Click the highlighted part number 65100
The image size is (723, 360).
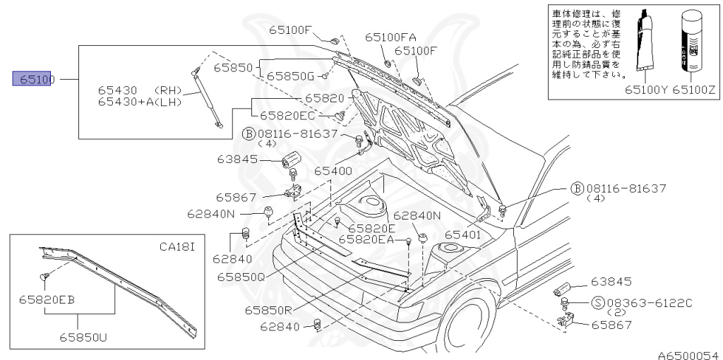coord(34,79)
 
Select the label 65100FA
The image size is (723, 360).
coord(390,37)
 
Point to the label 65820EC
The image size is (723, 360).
coord(287,115)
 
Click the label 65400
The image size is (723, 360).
coord(333,171)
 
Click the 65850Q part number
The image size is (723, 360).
coord(241,277)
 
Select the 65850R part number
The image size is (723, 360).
coord(269,309)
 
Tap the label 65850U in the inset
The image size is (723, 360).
coord(83,337)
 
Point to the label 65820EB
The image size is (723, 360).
coord(47,299)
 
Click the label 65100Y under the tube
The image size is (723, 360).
coord(646,90)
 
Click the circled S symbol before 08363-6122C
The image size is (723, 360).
coord(596,304)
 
